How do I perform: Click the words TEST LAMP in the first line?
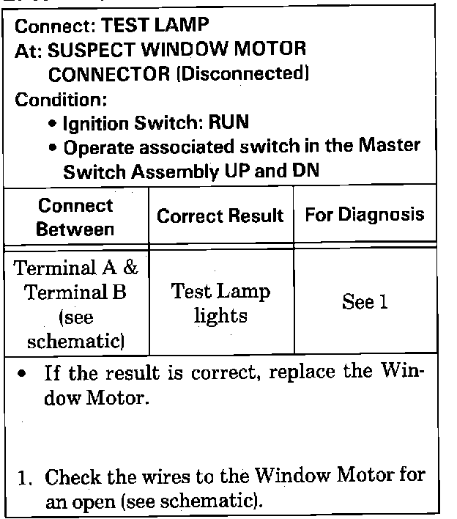[x=155, y=26]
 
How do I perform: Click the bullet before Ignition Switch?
[x=53, y=123]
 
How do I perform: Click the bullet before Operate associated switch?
[x=53, y=147]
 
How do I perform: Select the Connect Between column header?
[x=75, y=217]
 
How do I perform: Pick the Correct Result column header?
[x=220, y=216]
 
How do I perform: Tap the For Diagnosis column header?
[x=364, y=216]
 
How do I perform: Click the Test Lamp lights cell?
[x=220, y=303]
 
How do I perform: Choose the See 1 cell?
[x=364, y=302]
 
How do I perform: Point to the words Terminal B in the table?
[x=75, y=292]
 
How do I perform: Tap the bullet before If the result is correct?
[x=24, y=374]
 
